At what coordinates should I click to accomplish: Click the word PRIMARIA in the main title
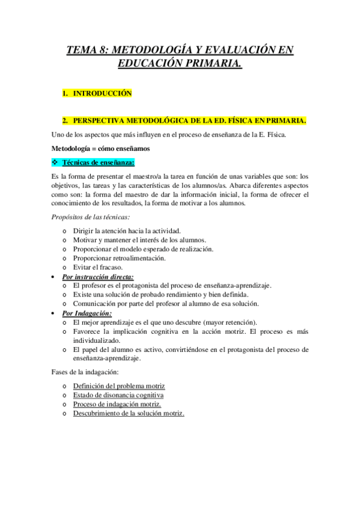pos(212,63)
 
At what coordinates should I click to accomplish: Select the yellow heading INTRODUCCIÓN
pos(102,94)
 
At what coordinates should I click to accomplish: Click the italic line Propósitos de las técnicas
pos(91,217)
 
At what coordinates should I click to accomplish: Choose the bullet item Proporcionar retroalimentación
pos(120,258)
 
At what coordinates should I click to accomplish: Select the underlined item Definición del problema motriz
pos(118,386)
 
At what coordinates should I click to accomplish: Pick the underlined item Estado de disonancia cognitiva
pos(118,395)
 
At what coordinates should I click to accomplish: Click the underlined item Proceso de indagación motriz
pos(117,405)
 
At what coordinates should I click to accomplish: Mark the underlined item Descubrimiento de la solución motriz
pos(129,414)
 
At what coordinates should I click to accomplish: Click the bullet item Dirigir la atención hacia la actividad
pos(126,231)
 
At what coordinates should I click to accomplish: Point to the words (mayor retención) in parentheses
pos(231,322)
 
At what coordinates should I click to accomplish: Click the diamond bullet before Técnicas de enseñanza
pos(55,163)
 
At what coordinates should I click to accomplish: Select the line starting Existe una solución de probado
pos(160,295)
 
